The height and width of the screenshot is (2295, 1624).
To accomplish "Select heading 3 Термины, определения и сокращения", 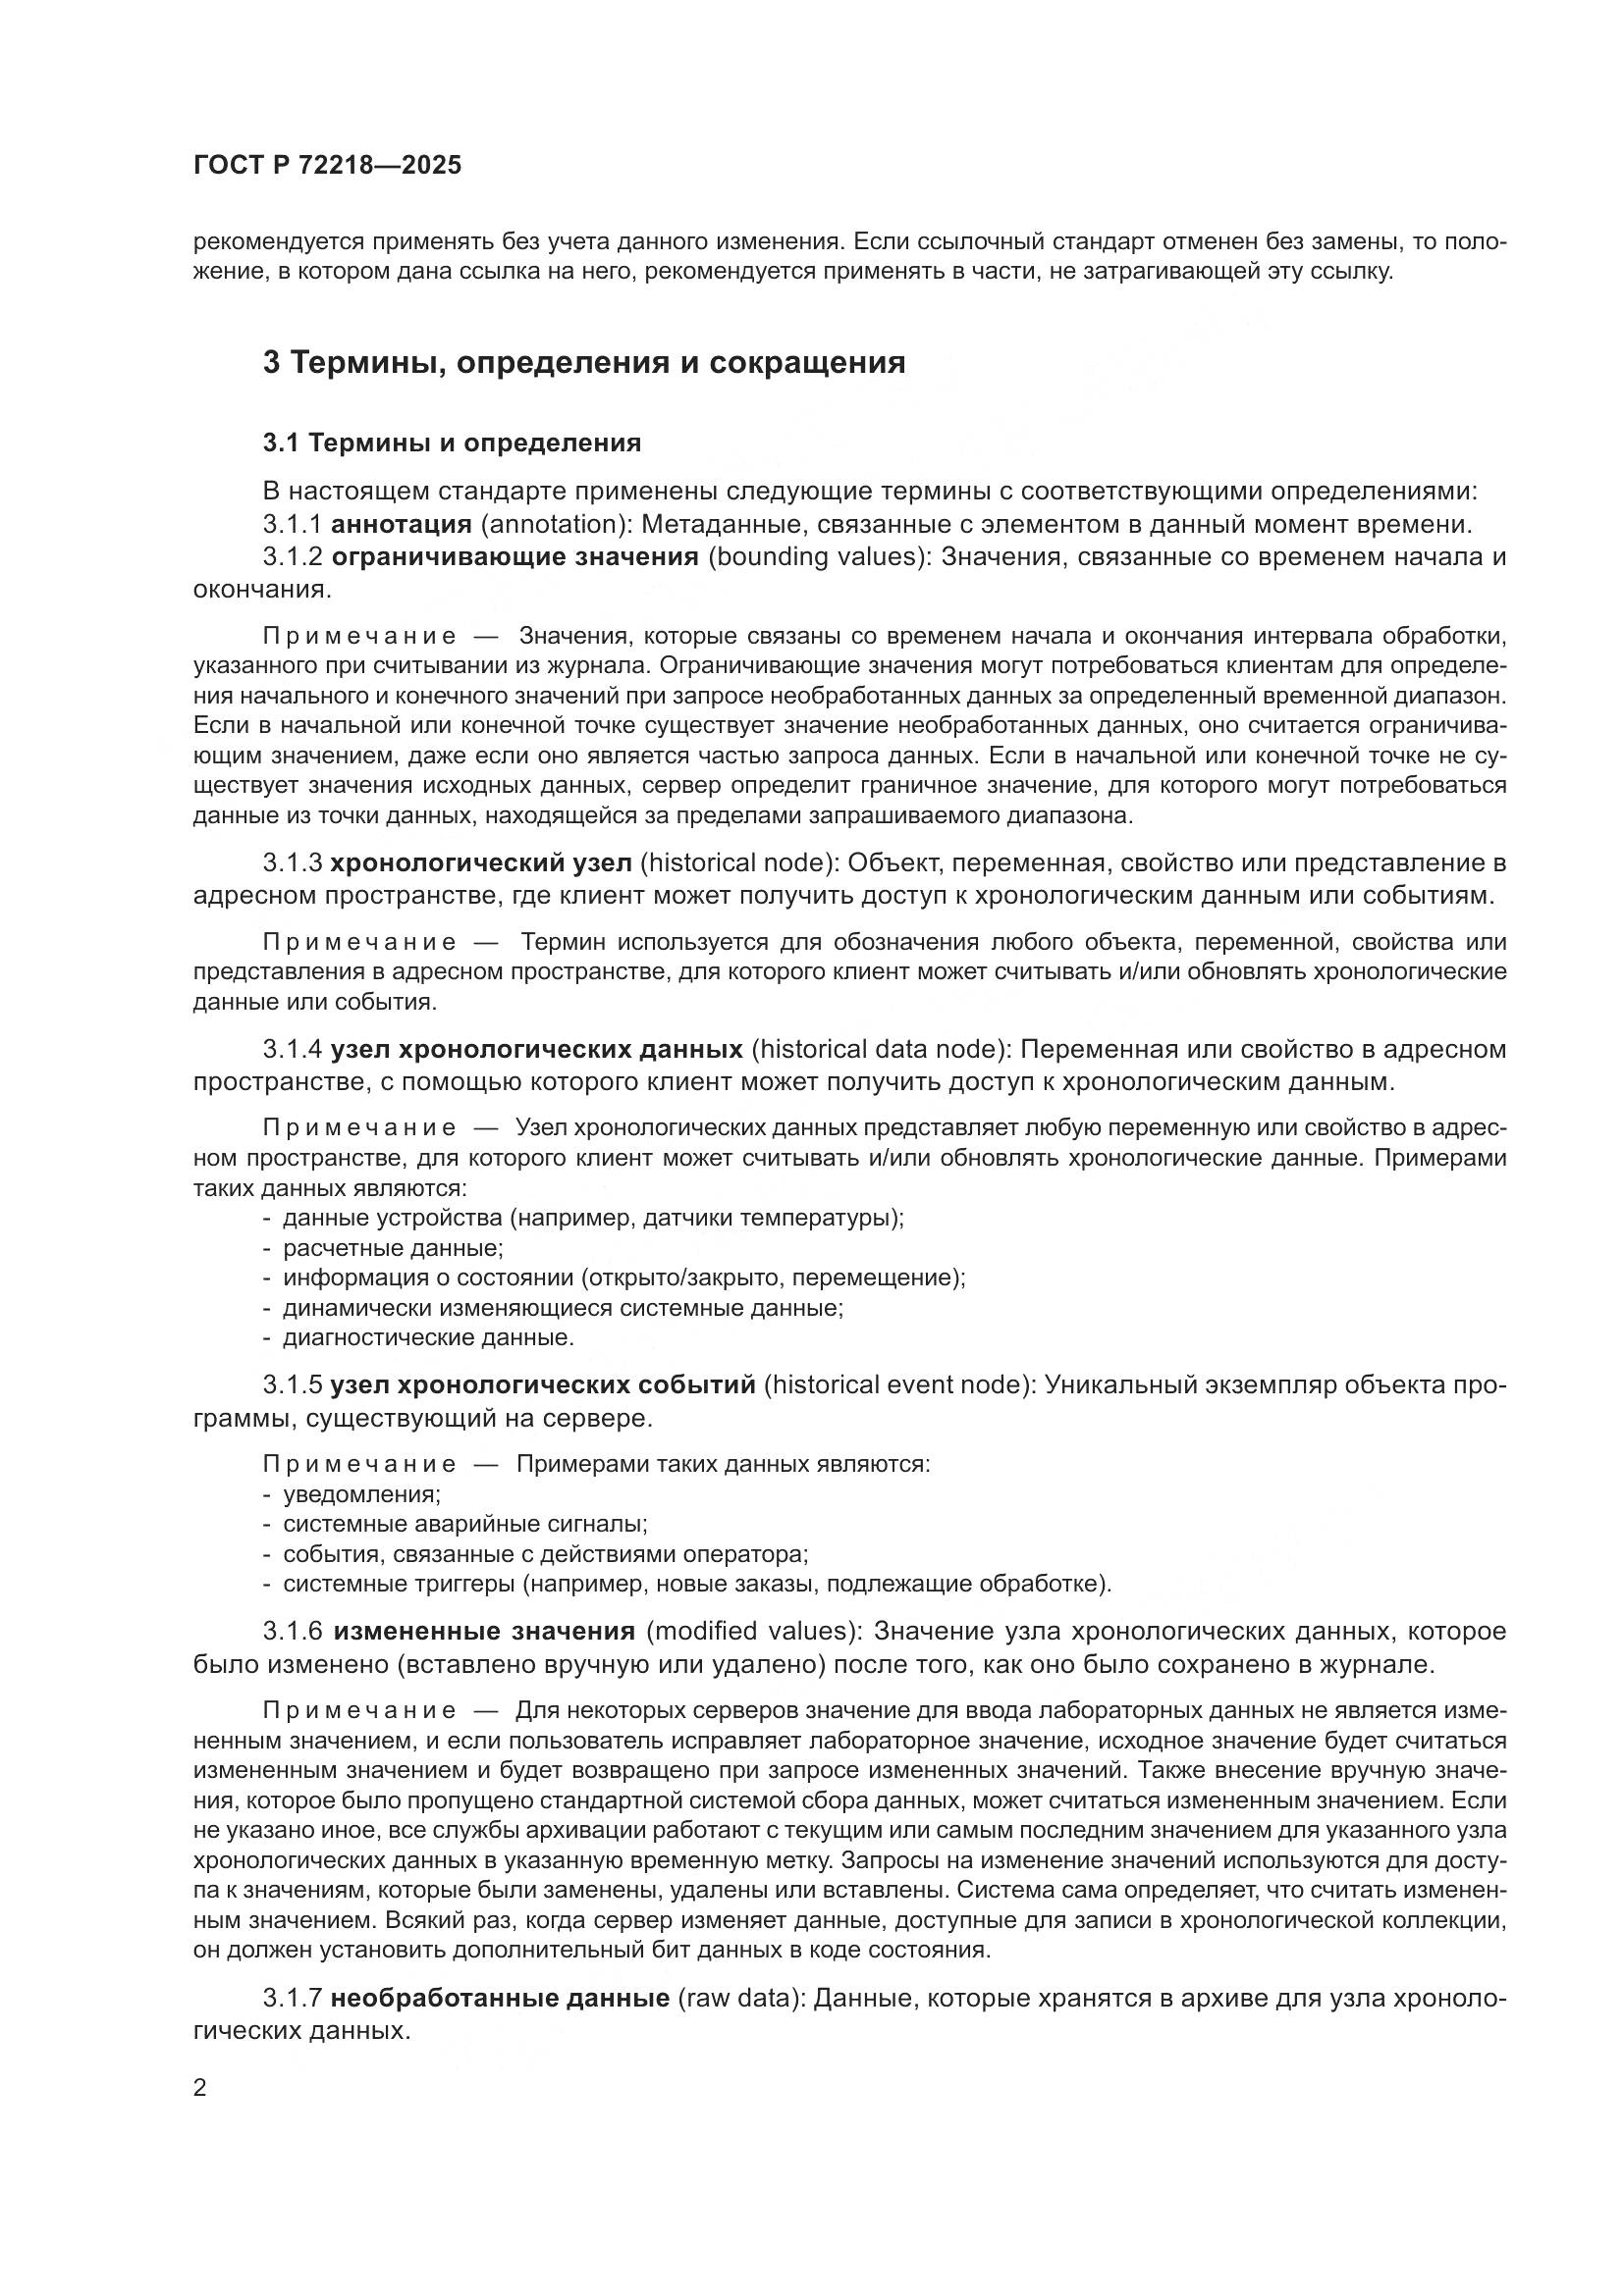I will coord(584,362).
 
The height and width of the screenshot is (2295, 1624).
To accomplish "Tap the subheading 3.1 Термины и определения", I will coord(452,443).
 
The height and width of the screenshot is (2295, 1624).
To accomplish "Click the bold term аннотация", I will coord(401,524).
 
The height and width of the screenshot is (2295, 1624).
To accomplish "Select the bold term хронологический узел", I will coord(481,862).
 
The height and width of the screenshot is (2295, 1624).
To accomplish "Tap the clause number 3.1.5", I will coord(292,1385).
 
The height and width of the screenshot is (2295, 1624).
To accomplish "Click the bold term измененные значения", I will coord(484,1632).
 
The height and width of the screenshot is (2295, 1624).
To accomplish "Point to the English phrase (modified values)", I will coord(754,1632).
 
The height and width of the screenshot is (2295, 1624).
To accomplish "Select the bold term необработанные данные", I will coord(500,1998).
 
